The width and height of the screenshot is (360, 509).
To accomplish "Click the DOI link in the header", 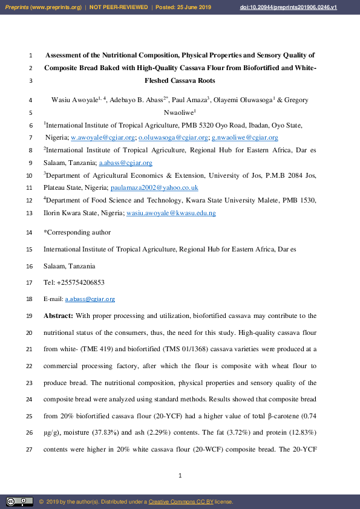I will pyautogui.click(x=306, y=7).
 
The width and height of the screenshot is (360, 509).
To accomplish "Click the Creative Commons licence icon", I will pyautogui.click(x=19, y=502).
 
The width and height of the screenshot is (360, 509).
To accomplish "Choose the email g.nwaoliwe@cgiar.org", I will pyautogui.click(x=244, y=138).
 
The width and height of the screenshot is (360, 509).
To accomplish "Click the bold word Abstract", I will pyautogui.click(x=58, y=316).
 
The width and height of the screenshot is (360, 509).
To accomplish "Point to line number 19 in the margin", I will pyautogui.click(x=30, y=316).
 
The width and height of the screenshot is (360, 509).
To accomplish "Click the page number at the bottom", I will pyautogui.click(x=180, y=476).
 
